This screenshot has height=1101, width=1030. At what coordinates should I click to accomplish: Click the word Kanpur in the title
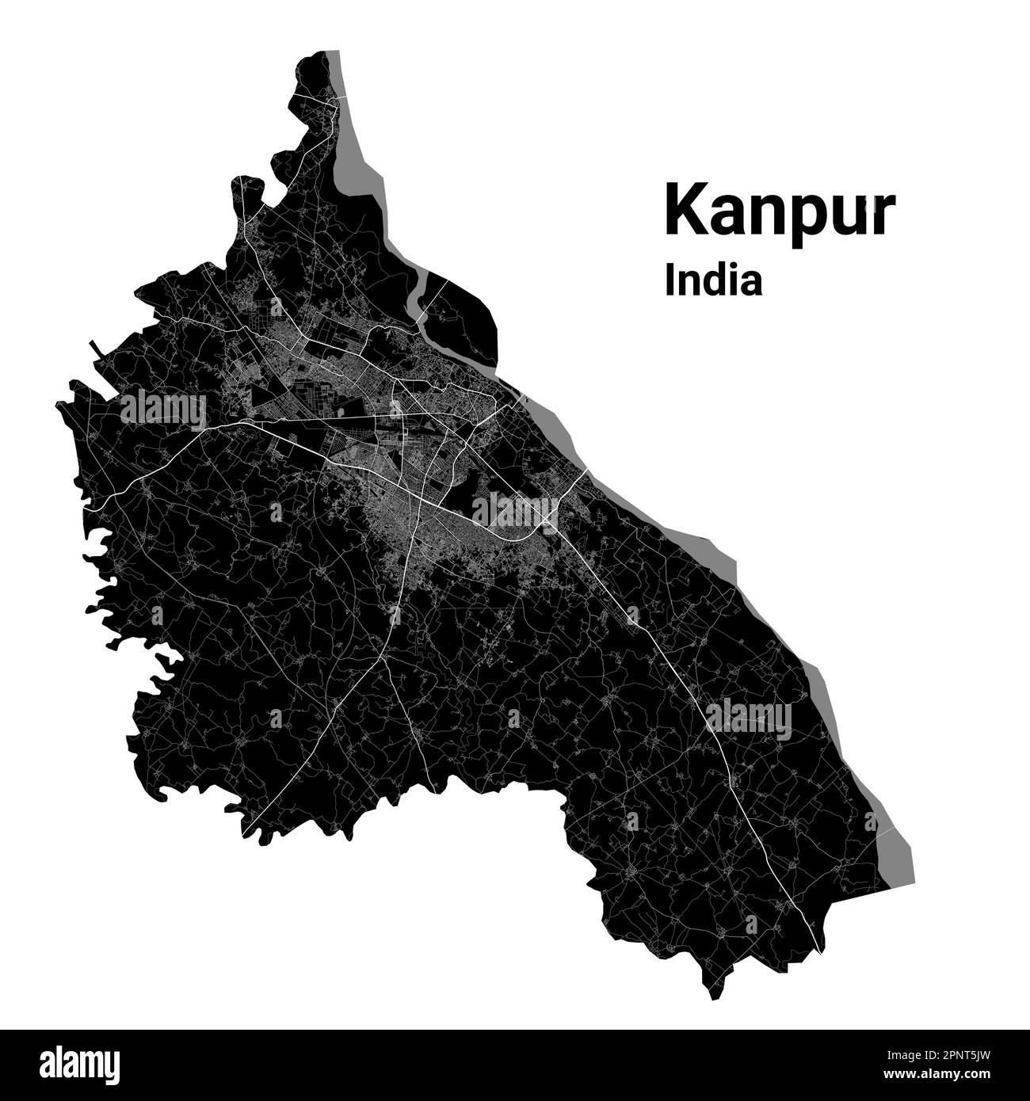(780, 209)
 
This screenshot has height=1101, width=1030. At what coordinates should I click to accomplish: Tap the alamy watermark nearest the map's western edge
(163, 410)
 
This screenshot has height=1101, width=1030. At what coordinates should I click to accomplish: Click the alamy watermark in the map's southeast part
(749, 719)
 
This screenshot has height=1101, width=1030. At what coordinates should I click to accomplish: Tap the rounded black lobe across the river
(463, 317)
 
